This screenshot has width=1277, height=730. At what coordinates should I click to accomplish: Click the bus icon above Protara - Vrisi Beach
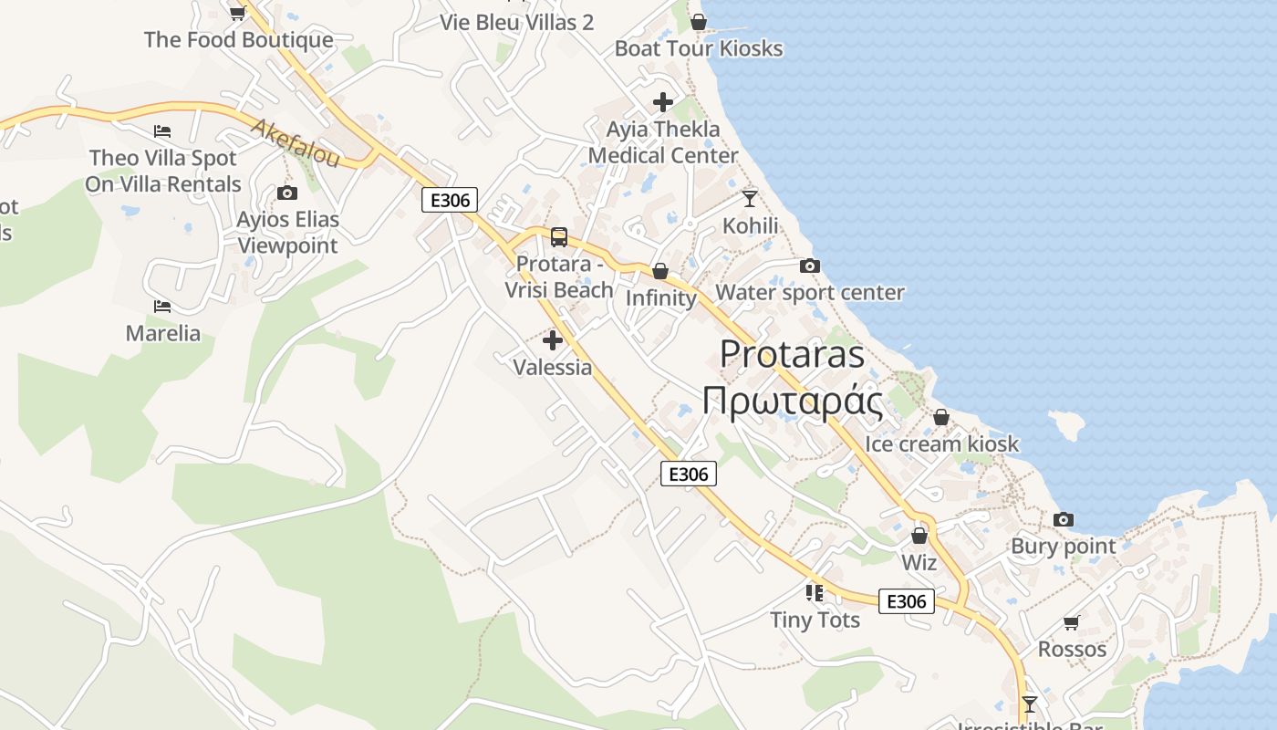pos(559,237)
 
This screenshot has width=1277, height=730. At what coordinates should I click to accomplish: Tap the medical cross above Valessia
pos(552,341)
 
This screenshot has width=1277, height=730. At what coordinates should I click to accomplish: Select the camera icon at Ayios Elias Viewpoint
pos(287,193)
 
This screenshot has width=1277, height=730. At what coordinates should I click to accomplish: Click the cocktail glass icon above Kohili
pos(750,198)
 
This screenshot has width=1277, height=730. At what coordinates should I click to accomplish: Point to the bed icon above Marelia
pos(162,307)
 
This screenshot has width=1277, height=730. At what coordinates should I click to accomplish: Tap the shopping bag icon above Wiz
pos(919,536)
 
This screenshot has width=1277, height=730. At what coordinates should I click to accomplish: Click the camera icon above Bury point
pos(1063,520)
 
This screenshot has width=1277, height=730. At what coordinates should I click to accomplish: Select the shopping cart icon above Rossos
pos(1072,623)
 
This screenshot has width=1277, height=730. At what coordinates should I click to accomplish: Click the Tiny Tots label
pos(815,620)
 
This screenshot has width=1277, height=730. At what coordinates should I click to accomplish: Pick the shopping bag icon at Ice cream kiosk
pos(941,418)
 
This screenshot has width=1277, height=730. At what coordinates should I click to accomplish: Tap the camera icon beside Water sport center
pos(809,266)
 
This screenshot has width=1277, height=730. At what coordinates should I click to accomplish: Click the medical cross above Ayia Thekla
pos(663,102)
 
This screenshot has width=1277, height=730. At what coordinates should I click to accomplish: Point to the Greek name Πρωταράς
pos(792,401)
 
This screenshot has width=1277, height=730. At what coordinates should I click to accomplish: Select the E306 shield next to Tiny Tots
pos(907,601)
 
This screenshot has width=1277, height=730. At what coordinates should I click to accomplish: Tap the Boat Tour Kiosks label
pos(699,48)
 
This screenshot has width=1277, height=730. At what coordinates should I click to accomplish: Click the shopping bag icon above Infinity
pos(659,272)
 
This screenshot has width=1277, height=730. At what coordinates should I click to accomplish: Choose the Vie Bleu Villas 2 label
pos(517,23)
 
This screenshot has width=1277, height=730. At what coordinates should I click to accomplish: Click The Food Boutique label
pos(239,40)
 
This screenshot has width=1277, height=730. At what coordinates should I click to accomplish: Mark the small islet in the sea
pos(1068,424)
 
